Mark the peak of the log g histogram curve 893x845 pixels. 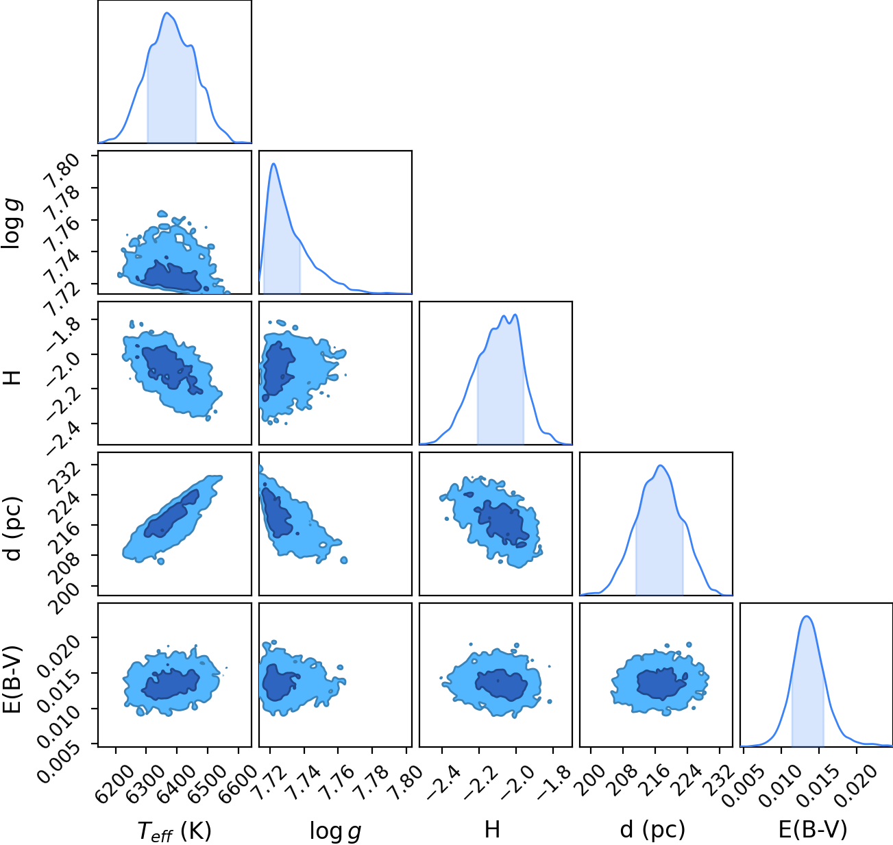(273, 164)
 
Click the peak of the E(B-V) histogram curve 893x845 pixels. (807, 616)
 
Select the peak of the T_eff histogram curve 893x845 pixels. (167, 13)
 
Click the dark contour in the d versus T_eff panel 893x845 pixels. (171, 514)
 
